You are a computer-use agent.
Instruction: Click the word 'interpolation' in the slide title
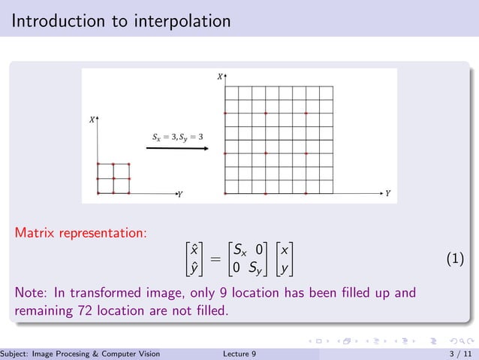click(180, 21)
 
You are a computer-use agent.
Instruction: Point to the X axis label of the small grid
click(92, 119)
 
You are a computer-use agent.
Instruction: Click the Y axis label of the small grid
click(179, 195)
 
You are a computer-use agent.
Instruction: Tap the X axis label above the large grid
click(219, 76)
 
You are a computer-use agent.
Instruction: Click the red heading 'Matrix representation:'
click(80, 233)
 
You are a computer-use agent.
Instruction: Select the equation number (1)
click(455, 259)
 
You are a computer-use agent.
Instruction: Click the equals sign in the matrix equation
click(215, 259)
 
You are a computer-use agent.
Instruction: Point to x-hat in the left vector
click(194, 250)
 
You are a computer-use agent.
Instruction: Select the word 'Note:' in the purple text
click(32, 291)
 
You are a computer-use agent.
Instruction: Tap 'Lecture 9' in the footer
click(240, 354)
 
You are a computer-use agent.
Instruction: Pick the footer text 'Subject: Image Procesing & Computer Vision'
click(80, 354)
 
